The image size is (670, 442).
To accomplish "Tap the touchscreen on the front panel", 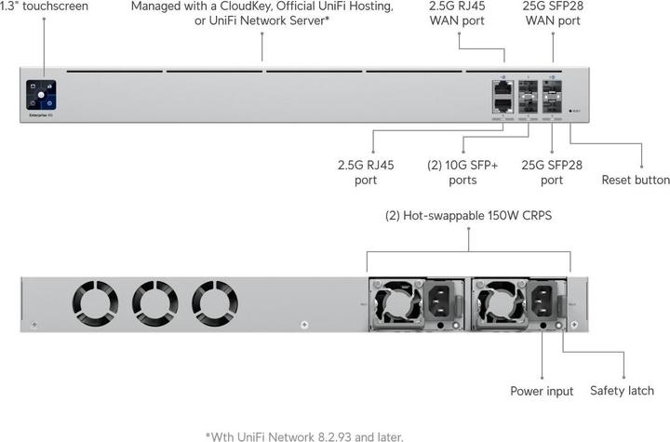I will tap(42, 95).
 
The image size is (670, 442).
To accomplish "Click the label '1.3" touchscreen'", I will tap(45, 7).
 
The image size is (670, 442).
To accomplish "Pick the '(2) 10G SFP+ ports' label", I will tap(462, 172).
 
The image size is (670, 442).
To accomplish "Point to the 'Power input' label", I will tap(542, 391).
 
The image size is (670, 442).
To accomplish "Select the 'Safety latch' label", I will tap(622, 391).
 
